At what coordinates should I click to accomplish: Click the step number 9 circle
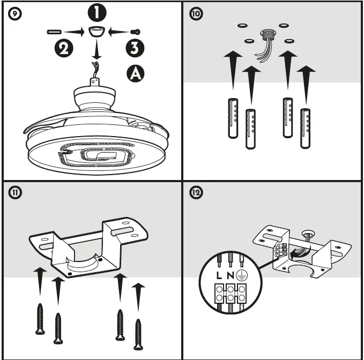pos(14,14)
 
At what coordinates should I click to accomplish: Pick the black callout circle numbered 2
pos(63,49)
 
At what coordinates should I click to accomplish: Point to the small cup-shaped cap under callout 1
pos(96,33)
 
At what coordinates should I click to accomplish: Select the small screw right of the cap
pos(137,33)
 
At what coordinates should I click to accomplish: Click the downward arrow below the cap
pos(96,51)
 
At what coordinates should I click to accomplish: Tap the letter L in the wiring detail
pos(220,276)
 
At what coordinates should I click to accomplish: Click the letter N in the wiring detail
pos(231,276)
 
